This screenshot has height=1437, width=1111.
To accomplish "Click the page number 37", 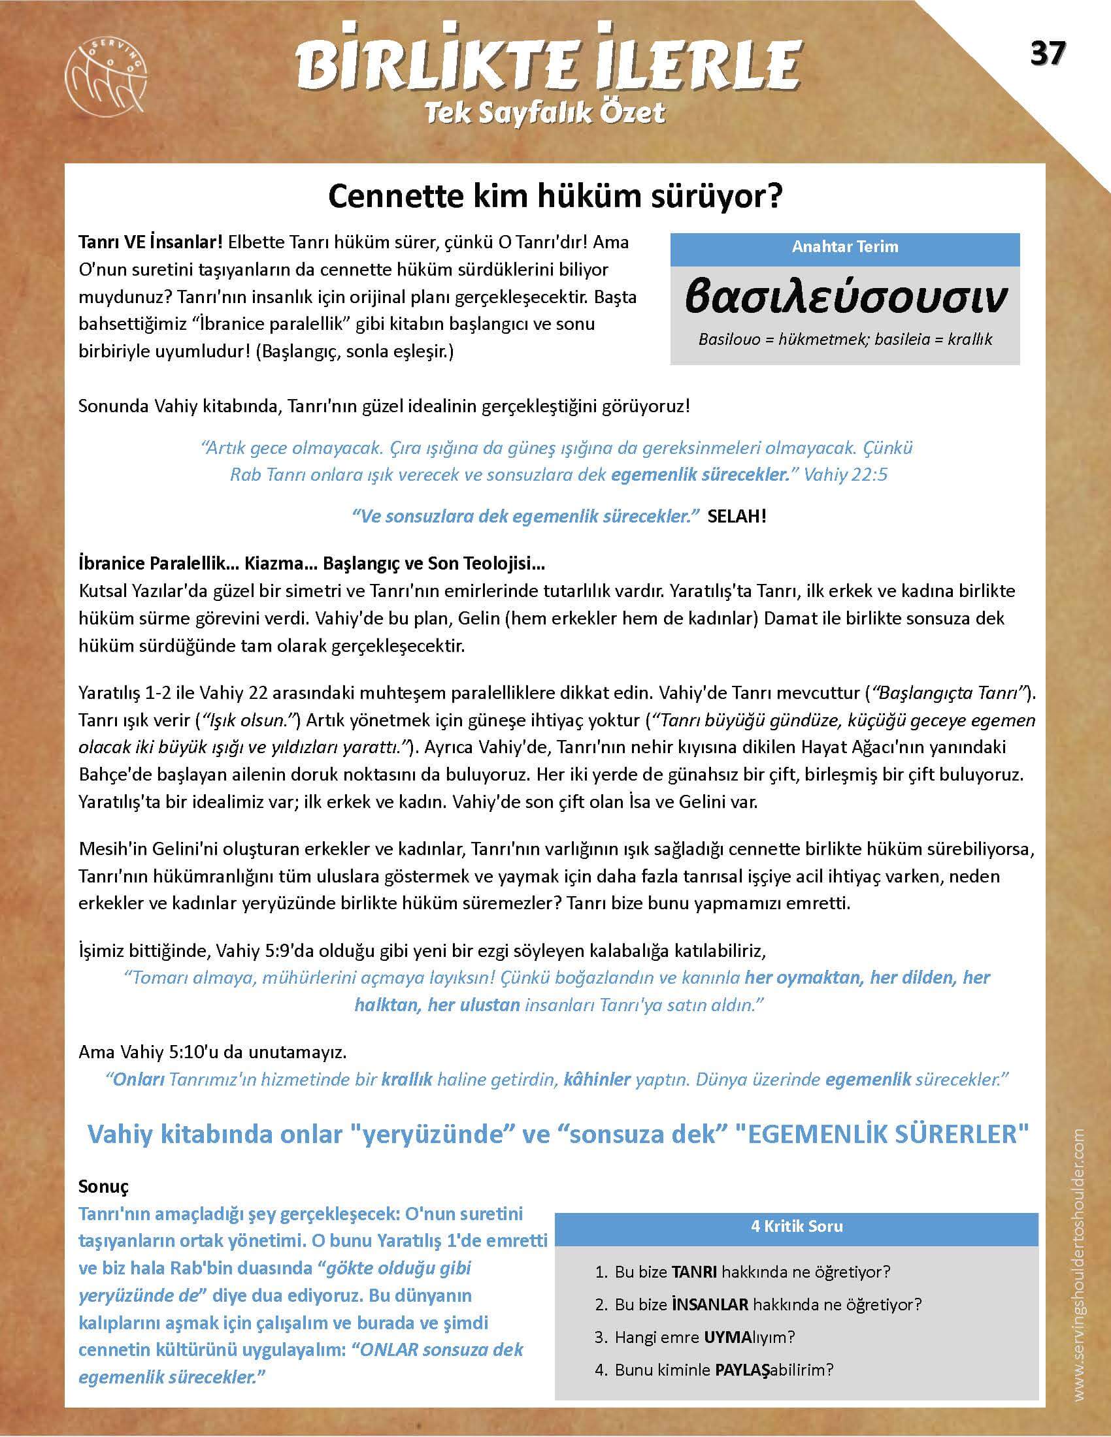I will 1047,54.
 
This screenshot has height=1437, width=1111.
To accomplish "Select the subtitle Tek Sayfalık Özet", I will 545,114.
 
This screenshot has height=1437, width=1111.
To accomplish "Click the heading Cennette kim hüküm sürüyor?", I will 555,195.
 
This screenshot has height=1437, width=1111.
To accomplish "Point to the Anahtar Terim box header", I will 844,247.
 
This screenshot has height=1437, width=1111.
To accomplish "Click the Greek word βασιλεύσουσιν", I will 845,297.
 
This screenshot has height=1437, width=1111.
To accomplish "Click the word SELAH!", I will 737,516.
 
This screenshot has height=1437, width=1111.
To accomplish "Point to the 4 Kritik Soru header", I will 797,1227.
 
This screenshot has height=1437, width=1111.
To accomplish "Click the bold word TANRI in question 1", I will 693,1272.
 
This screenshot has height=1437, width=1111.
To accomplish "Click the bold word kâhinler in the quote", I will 597,1079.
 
